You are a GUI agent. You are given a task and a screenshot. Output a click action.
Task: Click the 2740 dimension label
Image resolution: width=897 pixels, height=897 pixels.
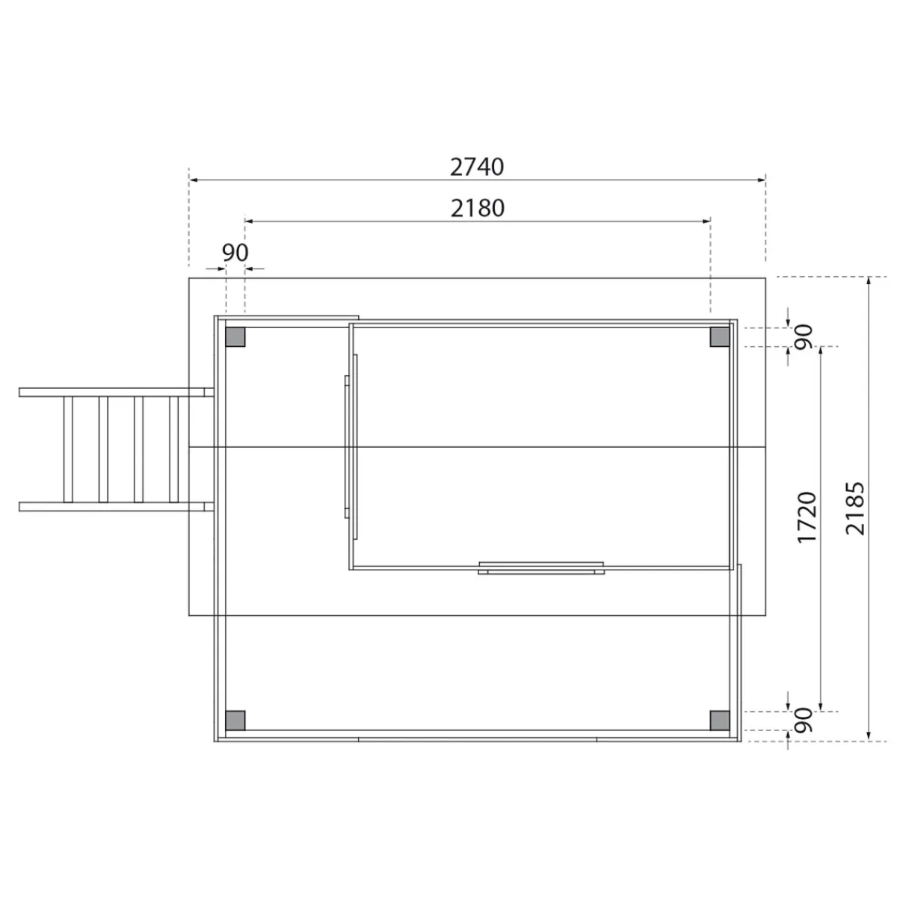point(477,167)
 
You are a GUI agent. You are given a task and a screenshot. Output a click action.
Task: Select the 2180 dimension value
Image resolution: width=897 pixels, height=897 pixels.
point(478,208)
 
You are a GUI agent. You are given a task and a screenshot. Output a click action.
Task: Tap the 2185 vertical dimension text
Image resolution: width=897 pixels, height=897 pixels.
point(855,509)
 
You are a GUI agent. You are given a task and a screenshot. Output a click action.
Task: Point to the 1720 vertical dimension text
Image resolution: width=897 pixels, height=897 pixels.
point(807,517)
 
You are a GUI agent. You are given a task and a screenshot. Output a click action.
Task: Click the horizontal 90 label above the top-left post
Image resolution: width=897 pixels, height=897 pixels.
point(235,253)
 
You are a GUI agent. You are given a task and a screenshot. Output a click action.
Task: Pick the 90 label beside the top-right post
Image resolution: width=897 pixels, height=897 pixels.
point(804,336)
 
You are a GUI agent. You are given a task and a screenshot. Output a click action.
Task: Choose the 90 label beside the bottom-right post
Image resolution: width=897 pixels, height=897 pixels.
point(804,720)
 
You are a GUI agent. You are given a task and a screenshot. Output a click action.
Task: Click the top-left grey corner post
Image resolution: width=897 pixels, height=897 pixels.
point(235,337)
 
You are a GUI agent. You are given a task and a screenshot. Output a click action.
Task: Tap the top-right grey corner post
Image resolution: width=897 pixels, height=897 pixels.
point(720,337)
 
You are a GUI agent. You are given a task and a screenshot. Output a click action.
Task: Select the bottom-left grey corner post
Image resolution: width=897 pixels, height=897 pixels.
point(235,721)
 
